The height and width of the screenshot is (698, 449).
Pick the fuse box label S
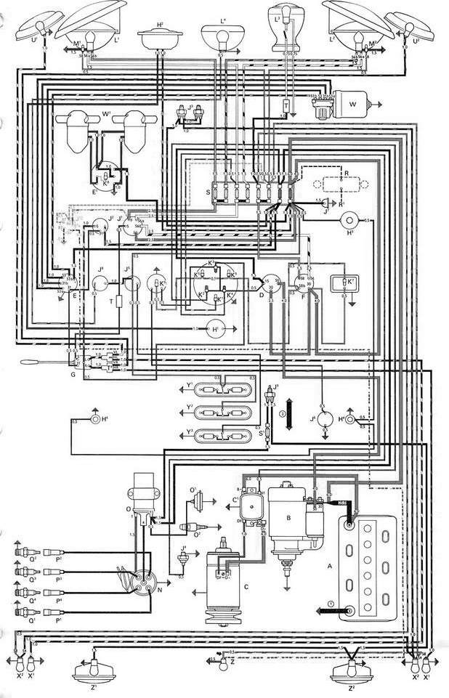click(x=209, y=190)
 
